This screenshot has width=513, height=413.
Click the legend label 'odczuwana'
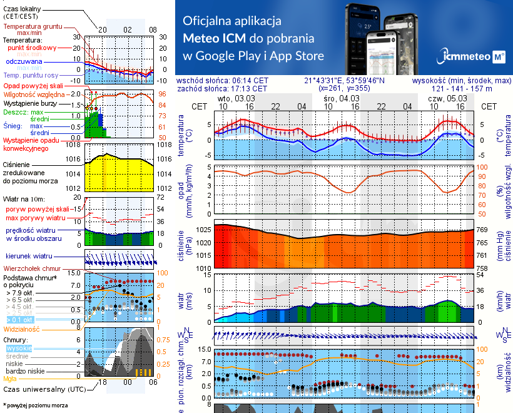coord(24,62)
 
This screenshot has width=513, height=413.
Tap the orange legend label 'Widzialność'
coord(22,328)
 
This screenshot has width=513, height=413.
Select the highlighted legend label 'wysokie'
coord(18,348)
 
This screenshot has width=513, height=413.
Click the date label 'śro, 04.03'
coord(342,98)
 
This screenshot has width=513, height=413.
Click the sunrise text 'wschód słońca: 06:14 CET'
coord(223,81)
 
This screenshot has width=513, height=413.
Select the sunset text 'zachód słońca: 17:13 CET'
coord(223,89)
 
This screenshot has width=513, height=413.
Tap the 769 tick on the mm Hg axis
coord(482,230)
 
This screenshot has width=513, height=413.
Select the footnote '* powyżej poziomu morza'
coord(35,405)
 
